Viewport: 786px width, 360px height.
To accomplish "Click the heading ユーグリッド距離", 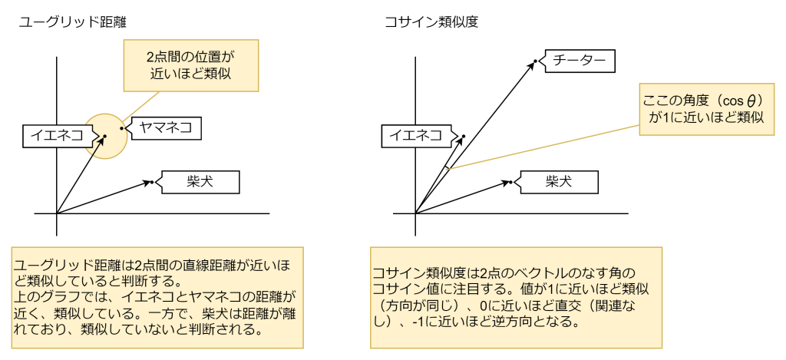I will (72, 22).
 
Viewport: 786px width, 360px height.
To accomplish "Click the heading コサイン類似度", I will (431, 22).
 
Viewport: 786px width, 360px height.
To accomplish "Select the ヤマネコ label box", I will (165, 129).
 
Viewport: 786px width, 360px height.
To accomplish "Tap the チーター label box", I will (580, 61).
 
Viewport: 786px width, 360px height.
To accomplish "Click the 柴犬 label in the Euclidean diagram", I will (200, 182).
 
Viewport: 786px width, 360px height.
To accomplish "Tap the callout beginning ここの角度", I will (705, 109).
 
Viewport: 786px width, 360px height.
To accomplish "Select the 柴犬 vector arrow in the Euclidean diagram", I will (104, 197).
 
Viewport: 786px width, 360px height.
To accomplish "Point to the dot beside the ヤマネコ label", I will (121, 128).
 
